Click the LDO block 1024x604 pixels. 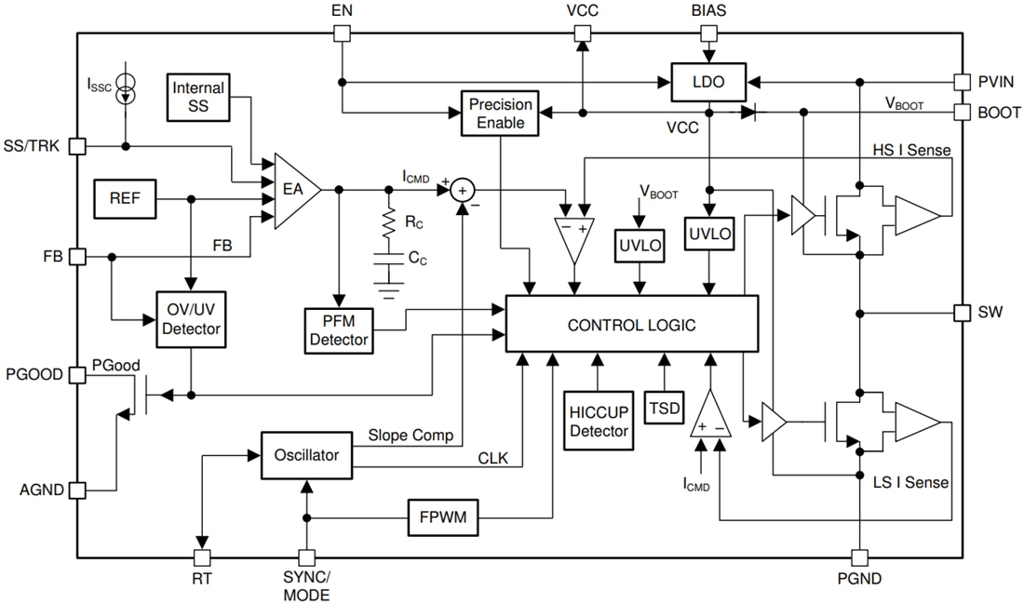pyautogui.click(x=709, y=83)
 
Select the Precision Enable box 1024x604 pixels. pyautogui.click(x=501, y=113)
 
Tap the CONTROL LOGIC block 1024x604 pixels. pyautogui.click(x=631, y=325)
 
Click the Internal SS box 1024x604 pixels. pyautogui.click(x=198, y=98)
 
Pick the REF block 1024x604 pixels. pyautogui.click(x=125, y=198)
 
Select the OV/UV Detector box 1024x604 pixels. pyautogui.click(x=190, y=319)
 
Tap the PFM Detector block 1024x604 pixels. pyautogui.click(x=338, y=329)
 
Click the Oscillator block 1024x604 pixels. pyautogui.click(x=306, y=455)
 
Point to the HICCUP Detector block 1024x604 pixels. pyautogui.click(x=598, y=420)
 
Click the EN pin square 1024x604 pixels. pyautogui.click(x=342, y=34)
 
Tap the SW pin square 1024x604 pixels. pyautogui.click(x=964, y=312)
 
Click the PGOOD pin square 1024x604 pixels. pyautogui.click(x=78, y=374)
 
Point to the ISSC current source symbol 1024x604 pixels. pyautogui.click(x=126, y=90)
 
